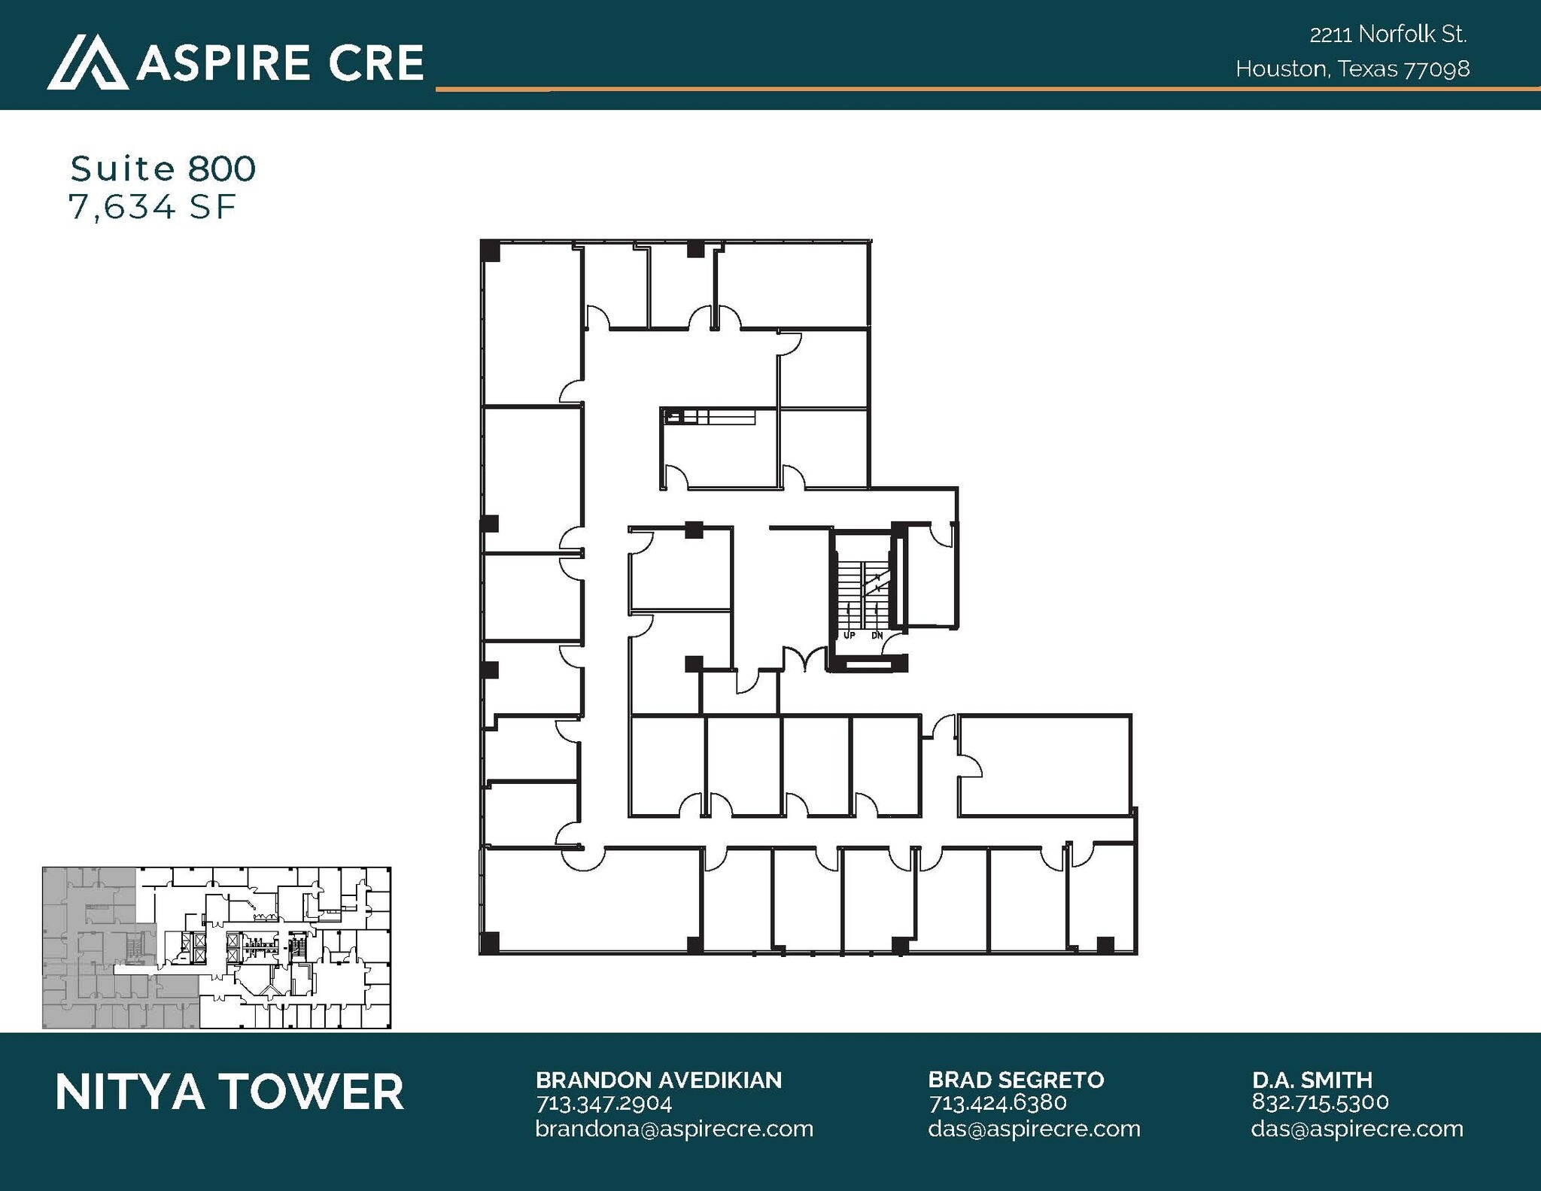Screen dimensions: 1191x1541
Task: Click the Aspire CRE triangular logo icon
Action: (87, 63)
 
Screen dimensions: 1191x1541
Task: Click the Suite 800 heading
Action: (163, 169)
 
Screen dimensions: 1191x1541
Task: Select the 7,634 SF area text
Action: (153, 207)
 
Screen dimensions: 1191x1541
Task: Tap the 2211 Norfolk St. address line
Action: (1388, 35)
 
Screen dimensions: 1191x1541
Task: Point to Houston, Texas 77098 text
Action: (1352, 69)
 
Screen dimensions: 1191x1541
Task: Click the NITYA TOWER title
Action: (229, 1092)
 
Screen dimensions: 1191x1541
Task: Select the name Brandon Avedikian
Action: (658, 1080)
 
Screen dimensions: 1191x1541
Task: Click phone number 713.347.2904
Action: (603, 1104)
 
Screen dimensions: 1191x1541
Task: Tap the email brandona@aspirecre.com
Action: (674, 1129)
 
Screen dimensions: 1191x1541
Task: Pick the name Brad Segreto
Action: (1016, 1080)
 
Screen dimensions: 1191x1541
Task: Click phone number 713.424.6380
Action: (998, 1104)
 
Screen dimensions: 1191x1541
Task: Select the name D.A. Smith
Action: (1312, 1080)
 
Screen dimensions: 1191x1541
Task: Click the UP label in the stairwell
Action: (850, 636)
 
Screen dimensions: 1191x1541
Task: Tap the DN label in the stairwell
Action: (877, 636)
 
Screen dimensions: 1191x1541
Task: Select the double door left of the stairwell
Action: (805, 661)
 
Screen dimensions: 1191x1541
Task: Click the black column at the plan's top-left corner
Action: (490, 251)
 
